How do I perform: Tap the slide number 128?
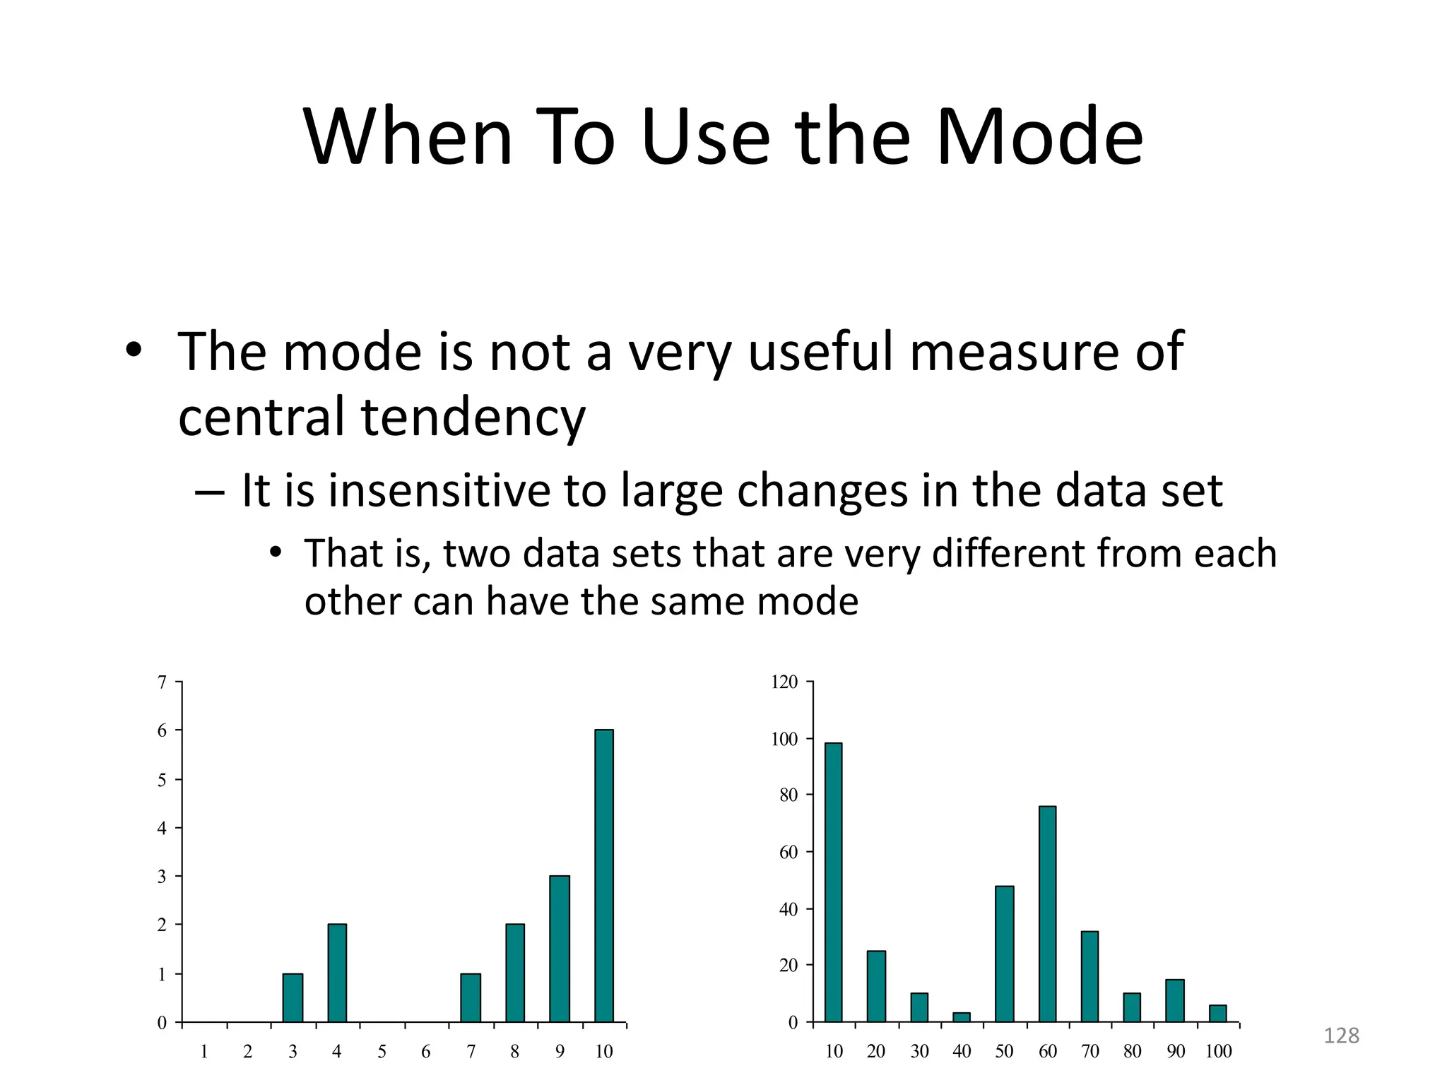coord(1341,1036)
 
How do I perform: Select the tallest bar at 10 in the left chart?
coord(604,876)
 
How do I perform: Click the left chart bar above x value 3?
coord(293,997)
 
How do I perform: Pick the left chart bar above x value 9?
coord(560,949)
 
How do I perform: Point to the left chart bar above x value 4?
coord(337,973)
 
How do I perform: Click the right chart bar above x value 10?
coord(834,882)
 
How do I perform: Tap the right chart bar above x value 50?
coord(1004,954)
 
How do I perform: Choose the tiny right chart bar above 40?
coord(962,1017)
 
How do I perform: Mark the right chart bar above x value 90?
coord(1175,1000)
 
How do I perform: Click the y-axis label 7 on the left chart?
coord(162,682)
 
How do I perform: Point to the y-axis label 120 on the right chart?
coord(784,682)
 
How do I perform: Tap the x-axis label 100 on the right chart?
coord(1218,1052)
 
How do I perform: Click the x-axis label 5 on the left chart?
coord(382,1052)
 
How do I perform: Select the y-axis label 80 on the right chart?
coord(789,795)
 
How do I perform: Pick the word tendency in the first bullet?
coord(473,417)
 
